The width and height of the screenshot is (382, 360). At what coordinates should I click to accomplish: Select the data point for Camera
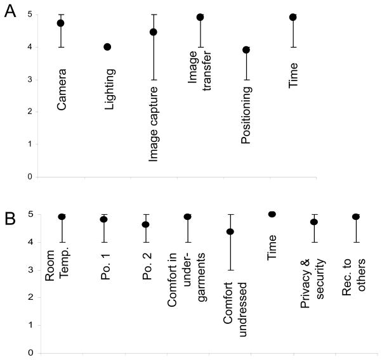coord(61,23)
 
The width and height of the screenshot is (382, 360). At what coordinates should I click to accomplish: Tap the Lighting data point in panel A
coord(107,47)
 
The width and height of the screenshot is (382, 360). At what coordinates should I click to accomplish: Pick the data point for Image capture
coord(154,32)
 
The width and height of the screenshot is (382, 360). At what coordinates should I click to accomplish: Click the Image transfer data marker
coord(200,17)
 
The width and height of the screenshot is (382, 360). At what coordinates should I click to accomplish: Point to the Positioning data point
coord(246,49)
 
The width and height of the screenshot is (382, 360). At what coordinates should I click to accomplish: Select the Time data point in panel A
coord(293,17)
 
